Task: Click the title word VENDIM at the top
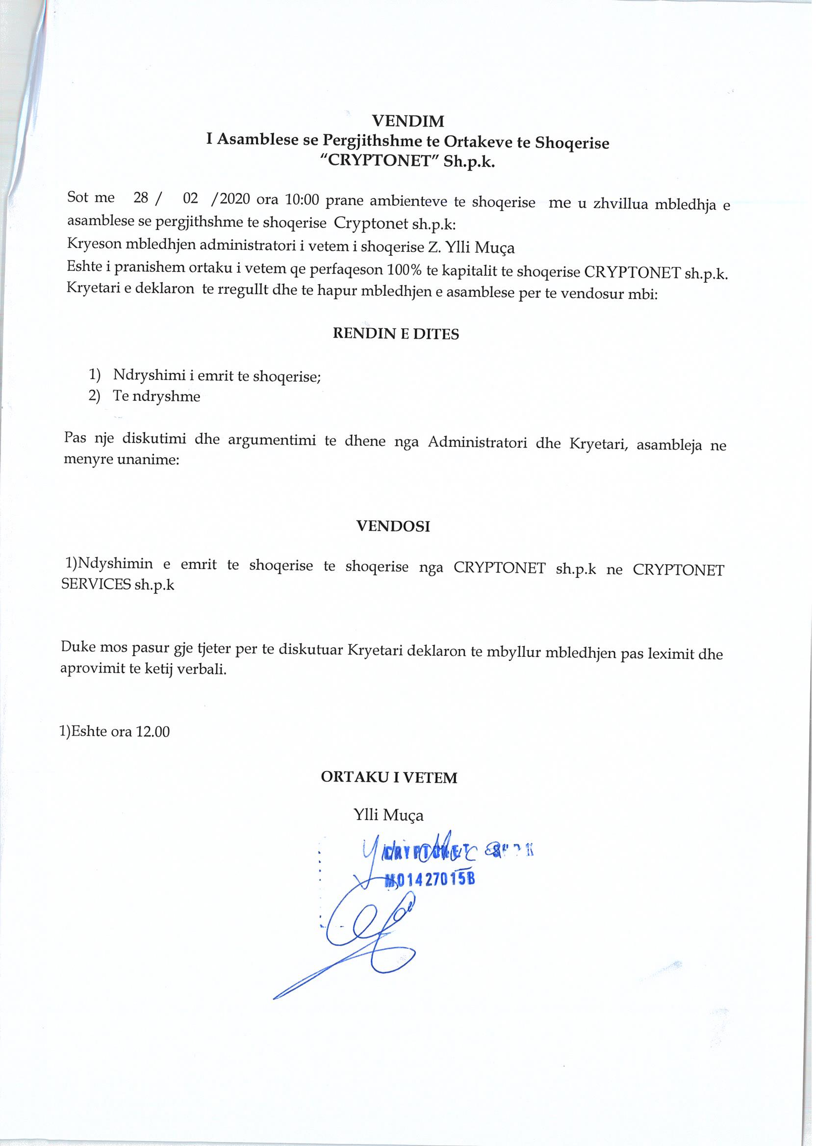click(408, 121)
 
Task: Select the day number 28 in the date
click(140, 198)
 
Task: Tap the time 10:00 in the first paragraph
click(302, 200)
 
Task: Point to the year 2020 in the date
click(235, 199)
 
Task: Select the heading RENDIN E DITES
click(395, 334)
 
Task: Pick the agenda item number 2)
click(95, 395)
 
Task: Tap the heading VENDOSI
click(393, 526)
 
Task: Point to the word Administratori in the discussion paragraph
click(477, 442)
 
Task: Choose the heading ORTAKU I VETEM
click(389, 778)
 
